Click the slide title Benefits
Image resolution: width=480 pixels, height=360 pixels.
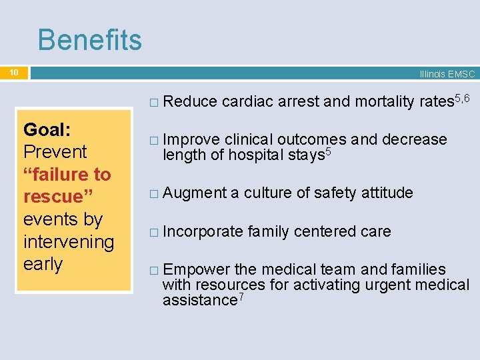[x=89, y=40]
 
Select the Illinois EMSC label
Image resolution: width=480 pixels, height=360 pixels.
[x=447, y=74]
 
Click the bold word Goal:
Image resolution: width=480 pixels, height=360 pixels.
[x=47, y=129]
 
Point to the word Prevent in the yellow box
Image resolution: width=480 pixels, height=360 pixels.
[x=55, y=151]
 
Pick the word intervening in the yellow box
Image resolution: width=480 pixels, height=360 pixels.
[x=69, y=241]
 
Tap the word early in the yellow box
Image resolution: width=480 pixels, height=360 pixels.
[x=43, y=264]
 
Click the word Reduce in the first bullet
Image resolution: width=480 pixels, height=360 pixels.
[x=189, y=101]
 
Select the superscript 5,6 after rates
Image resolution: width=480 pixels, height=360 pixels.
[x=461, y=98]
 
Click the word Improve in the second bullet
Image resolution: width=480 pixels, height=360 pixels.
[x=191, y=139]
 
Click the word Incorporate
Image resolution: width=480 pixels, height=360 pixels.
[x=203, y=231]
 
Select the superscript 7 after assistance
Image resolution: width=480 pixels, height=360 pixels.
[x=241, y=297]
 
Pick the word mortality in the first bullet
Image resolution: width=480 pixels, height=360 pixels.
[x=385, y=101]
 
